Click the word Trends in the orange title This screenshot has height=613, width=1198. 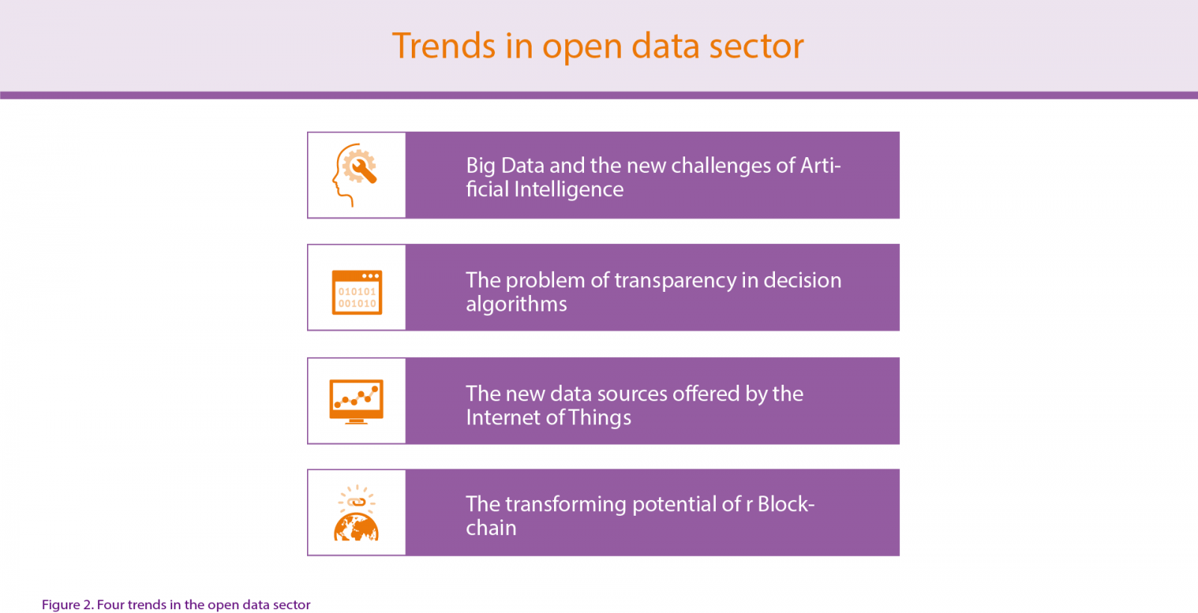pyautogui.click(x=444, y=46)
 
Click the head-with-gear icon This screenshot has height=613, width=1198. pyautogui.click(x=355, y=174)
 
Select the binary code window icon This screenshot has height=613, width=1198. pyautogui.click(x=356, y=293)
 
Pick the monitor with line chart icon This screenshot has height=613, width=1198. pyautogui.click(x=356, y=401)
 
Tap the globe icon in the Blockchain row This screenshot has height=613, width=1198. pyautogui.click(x=356, y=527)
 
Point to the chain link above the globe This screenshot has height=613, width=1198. pyautogui.click(x=356, y=501)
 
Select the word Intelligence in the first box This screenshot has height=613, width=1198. pyautogui.click(x=568, y=189)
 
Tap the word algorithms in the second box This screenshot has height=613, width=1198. pyautogui.click(x=516, y=305)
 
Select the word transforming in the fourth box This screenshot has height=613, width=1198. pyautogui.click(x=565, y=505)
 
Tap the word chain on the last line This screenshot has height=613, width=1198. pyautogui.click(x=491, y=528)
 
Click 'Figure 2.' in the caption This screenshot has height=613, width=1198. pyautogui.click(x=68, y=605)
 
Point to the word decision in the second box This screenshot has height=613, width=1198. pyautogui.click(x=802, y=281)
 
